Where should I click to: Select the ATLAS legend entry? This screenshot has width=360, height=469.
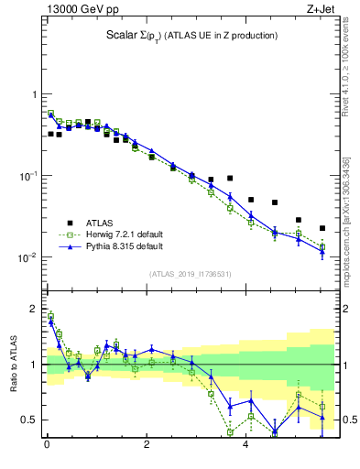(101, 223)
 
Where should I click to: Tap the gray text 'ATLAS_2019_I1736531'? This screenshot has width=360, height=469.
(190, 274)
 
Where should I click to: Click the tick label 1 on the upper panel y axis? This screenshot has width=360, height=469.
(33, 95)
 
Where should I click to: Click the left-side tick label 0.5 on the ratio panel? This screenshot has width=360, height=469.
(28, 420)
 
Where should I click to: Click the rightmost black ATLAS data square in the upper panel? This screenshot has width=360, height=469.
(322, 228)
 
